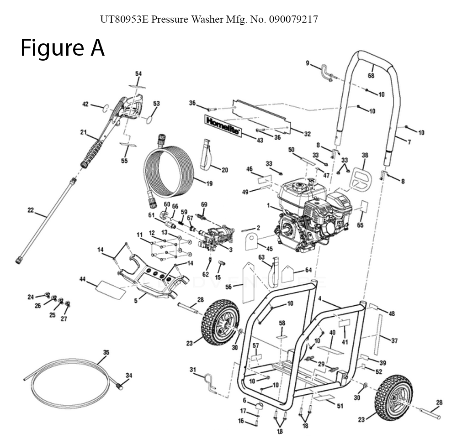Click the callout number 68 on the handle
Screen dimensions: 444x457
(x=371, y=75)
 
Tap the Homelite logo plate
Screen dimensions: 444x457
(x=223, y=125)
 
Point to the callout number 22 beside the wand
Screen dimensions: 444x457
(x=31, y=210)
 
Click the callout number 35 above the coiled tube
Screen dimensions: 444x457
(x=106, y=353)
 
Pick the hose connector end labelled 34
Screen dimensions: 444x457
(x=120, y=386)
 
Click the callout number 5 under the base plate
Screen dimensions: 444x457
(x=136, y=301)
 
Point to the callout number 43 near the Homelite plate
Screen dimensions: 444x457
(x=260, y=140)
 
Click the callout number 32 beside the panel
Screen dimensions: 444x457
(x=307, y=134)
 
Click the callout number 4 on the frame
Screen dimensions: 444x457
(x=320, y=299)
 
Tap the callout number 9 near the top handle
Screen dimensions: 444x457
(x=308, y=63)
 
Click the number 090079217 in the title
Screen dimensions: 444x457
(x=293, y=20)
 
